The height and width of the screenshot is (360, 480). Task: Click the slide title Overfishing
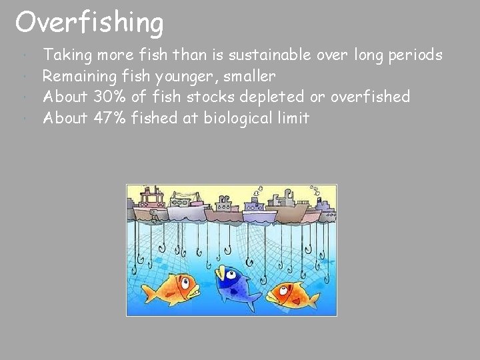point(89,23)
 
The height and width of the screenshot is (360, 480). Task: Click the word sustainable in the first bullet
point(277,55)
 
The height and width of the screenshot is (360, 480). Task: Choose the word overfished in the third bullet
point(370,97)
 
